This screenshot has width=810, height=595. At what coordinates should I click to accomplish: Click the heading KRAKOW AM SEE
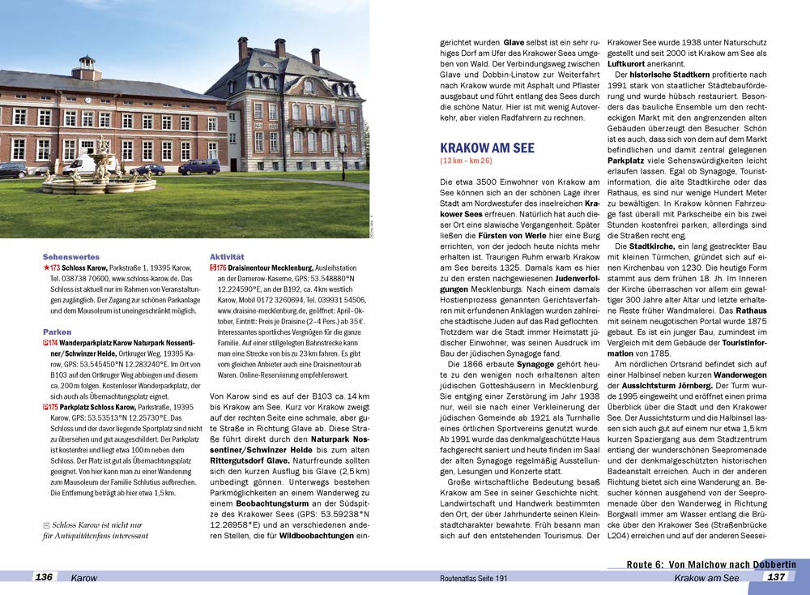pyautogui.click(x=487, y=148)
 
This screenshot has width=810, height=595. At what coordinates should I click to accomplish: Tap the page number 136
pyautogui.click(x=44, y=577)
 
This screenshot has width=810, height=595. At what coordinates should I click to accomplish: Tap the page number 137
pyautogui.click(x=776, y=577)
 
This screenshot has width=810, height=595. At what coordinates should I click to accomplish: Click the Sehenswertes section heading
pyautogui.click(x=70, y=256)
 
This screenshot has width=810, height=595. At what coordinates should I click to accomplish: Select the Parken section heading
pyautogui.click(x=57, y=332)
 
